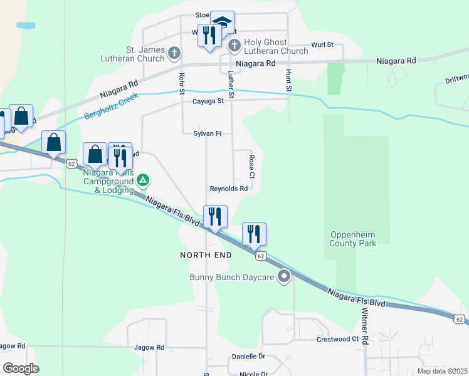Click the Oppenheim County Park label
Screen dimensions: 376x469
[354, 239]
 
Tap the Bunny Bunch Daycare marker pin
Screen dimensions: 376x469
[285, 276]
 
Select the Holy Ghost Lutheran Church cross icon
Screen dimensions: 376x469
[234, 45]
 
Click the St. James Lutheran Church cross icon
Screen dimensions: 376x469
[174, 54]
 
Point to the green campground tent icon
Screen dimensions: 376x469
[143, 182]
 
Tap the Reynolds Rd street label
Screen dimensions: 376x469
[228, 189]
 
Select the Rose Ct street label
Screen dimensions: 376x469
[251, 166]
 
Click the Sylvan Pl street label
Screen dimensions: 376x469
[207, 133]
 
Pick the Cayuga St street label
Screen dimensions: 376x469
[208, 101]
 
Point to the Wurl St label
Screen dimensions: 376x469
[322, 45]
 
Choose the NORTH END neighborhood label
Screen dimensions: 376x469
[206, 255]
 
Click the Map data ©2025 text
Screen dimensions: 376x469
[442, 371]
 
